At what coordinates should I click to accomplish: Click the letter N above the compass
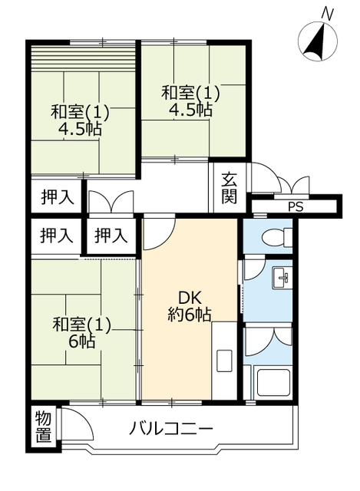point(328,14)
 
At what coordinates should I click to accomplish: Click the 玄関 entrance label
point(230,188)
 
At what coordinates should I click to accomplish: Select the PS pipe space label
point(296,207)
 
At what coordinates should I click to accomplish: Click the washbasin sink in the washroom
point(282,278)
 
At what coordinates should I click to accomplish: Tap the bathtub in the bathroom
point(273,382)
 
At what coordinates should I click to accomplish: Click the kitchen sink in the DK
point(224,361)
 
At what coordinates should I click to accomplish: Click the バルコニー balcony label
point(171,428)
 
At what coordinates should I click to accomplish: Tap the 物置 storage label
point(43,427)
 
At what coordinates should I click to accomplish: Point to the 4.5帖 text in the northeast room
point(190,109)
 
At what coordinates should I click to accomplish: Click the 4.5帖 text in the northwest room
point(80,128)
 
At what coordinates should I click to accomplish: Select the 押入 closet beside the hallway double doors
point(58,198)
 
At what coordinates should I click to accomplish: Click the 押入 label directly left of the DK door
point(111,236)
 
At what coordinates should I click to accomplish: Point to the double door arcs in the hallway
point(111,201)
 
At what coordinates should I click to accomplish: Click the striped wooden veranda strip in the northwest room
point(84,58)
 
